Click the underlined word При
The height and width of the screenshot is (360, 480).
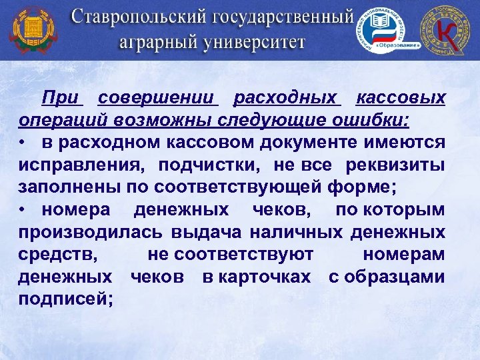coord(61,98)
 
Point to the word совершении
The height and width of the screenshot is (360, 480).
coord(158,98)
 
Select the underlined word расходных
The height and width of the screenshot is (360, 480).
coord(287,98)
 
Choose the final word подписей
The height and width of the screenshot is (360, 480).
coord(65,299)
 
